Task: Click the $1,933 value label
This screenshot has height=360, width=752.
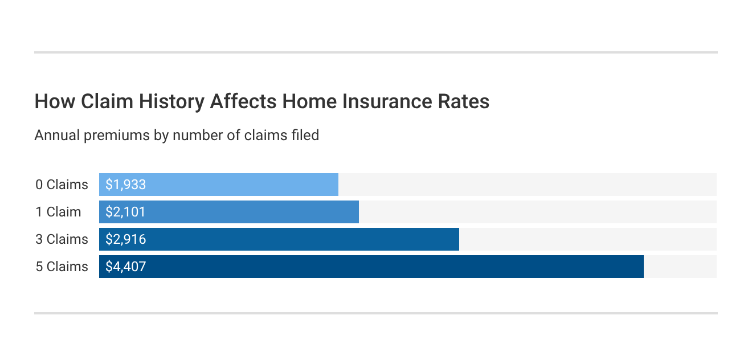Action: coord(126,185)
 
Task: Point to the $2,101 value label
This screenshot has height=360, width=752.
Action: coord(126,212)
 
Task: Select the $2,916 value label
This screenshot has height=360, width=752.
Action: coord(126,239)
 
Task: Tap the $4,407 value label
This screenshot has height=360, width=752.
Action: coord(126,267)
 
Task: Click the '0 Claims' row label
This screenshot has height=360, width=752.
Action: coord(62,185)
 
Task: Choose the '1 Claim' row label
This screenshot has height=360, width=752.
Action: coord(58,212)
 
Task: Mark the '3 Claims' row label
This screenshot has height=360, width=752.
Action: coord(62,239)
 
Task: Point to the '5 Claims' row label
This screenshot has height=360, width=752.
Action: coord(62,267)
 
